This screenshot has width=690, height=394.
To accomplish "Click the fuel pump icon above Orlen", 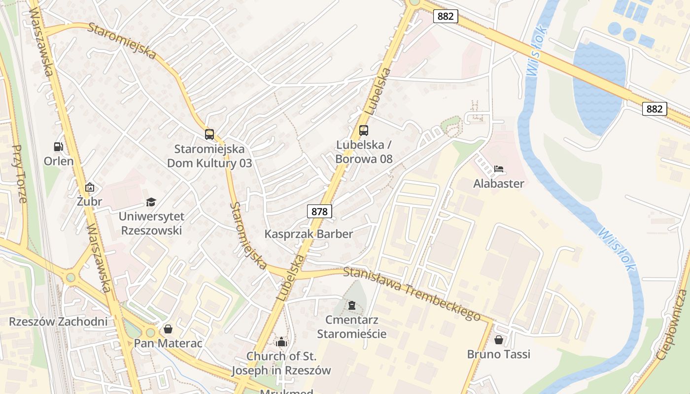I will pyautogui.click(x=59, y=147).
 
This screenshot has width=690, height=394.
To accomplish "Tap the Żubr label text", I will pyautogui.click(x=90, y=201).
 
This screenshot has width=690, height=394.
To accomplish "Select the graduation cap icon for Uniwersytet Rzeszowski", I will pyautogui.click(x=151, y=202).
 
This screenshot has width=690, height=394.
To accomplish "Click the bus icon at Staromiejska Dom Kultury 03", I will pyautogui.click(x=209, y=134).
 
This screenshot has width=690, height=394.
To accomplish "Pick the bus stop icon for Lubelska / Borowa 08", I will pyautogui.click(x=364, y=131).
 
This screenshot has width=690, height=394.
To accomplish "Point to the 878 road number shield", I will pyautogui.click(x=320, y=212).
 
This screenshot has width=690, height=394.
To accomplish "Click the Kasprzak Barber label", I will pyautogui.click(x=309, y=234).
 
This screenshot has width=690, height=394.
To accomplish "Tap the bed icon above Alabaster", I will pyautogui.click(x=499, y=169).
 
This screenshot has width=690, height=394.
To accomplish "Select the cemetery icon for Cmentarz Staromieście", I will pyautogui.click(x=351, y=306).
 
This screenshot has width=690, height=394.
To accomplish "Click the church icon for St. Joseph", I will pyautogui.click(x=281, y=341).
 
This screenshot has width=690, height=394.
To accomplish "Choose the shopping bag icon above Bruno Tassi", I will pyautogui.click(x=499, y=340).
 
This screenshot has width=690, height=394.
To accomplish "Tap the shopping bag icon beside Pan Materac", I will pyautogui.click(x=169, y=329).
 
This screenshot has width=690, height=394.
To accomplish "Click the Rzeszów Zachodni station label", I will pyautogui.click(x=58, y=322).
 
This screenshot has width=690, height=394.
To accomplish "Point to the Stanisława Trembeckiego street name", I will pyautogui.click(x=412, y=293).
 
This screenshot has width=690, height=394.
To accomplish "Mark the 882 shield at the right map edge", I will pyautogui.click(x=654, y=109).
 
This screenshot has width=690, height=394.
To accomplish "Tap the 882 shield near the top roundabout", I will pyautogui.click(x=446, y=16).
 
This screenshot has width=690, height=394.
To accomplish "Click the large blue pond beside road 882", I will pyautogui.click(x=598, y=84).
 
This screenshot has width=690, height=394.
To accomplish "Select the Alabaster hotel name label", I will pyautogui.click(x=499, y=184).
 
